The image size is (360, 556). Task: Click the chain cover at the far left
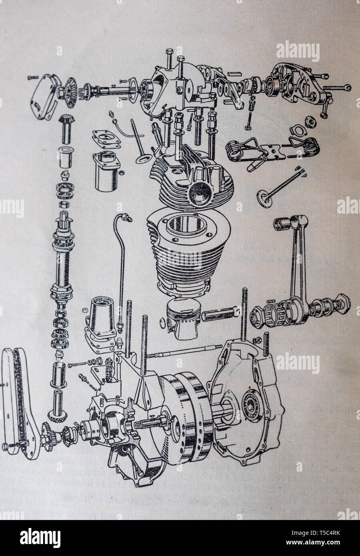pyautogui.click(x=18, y=404)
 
